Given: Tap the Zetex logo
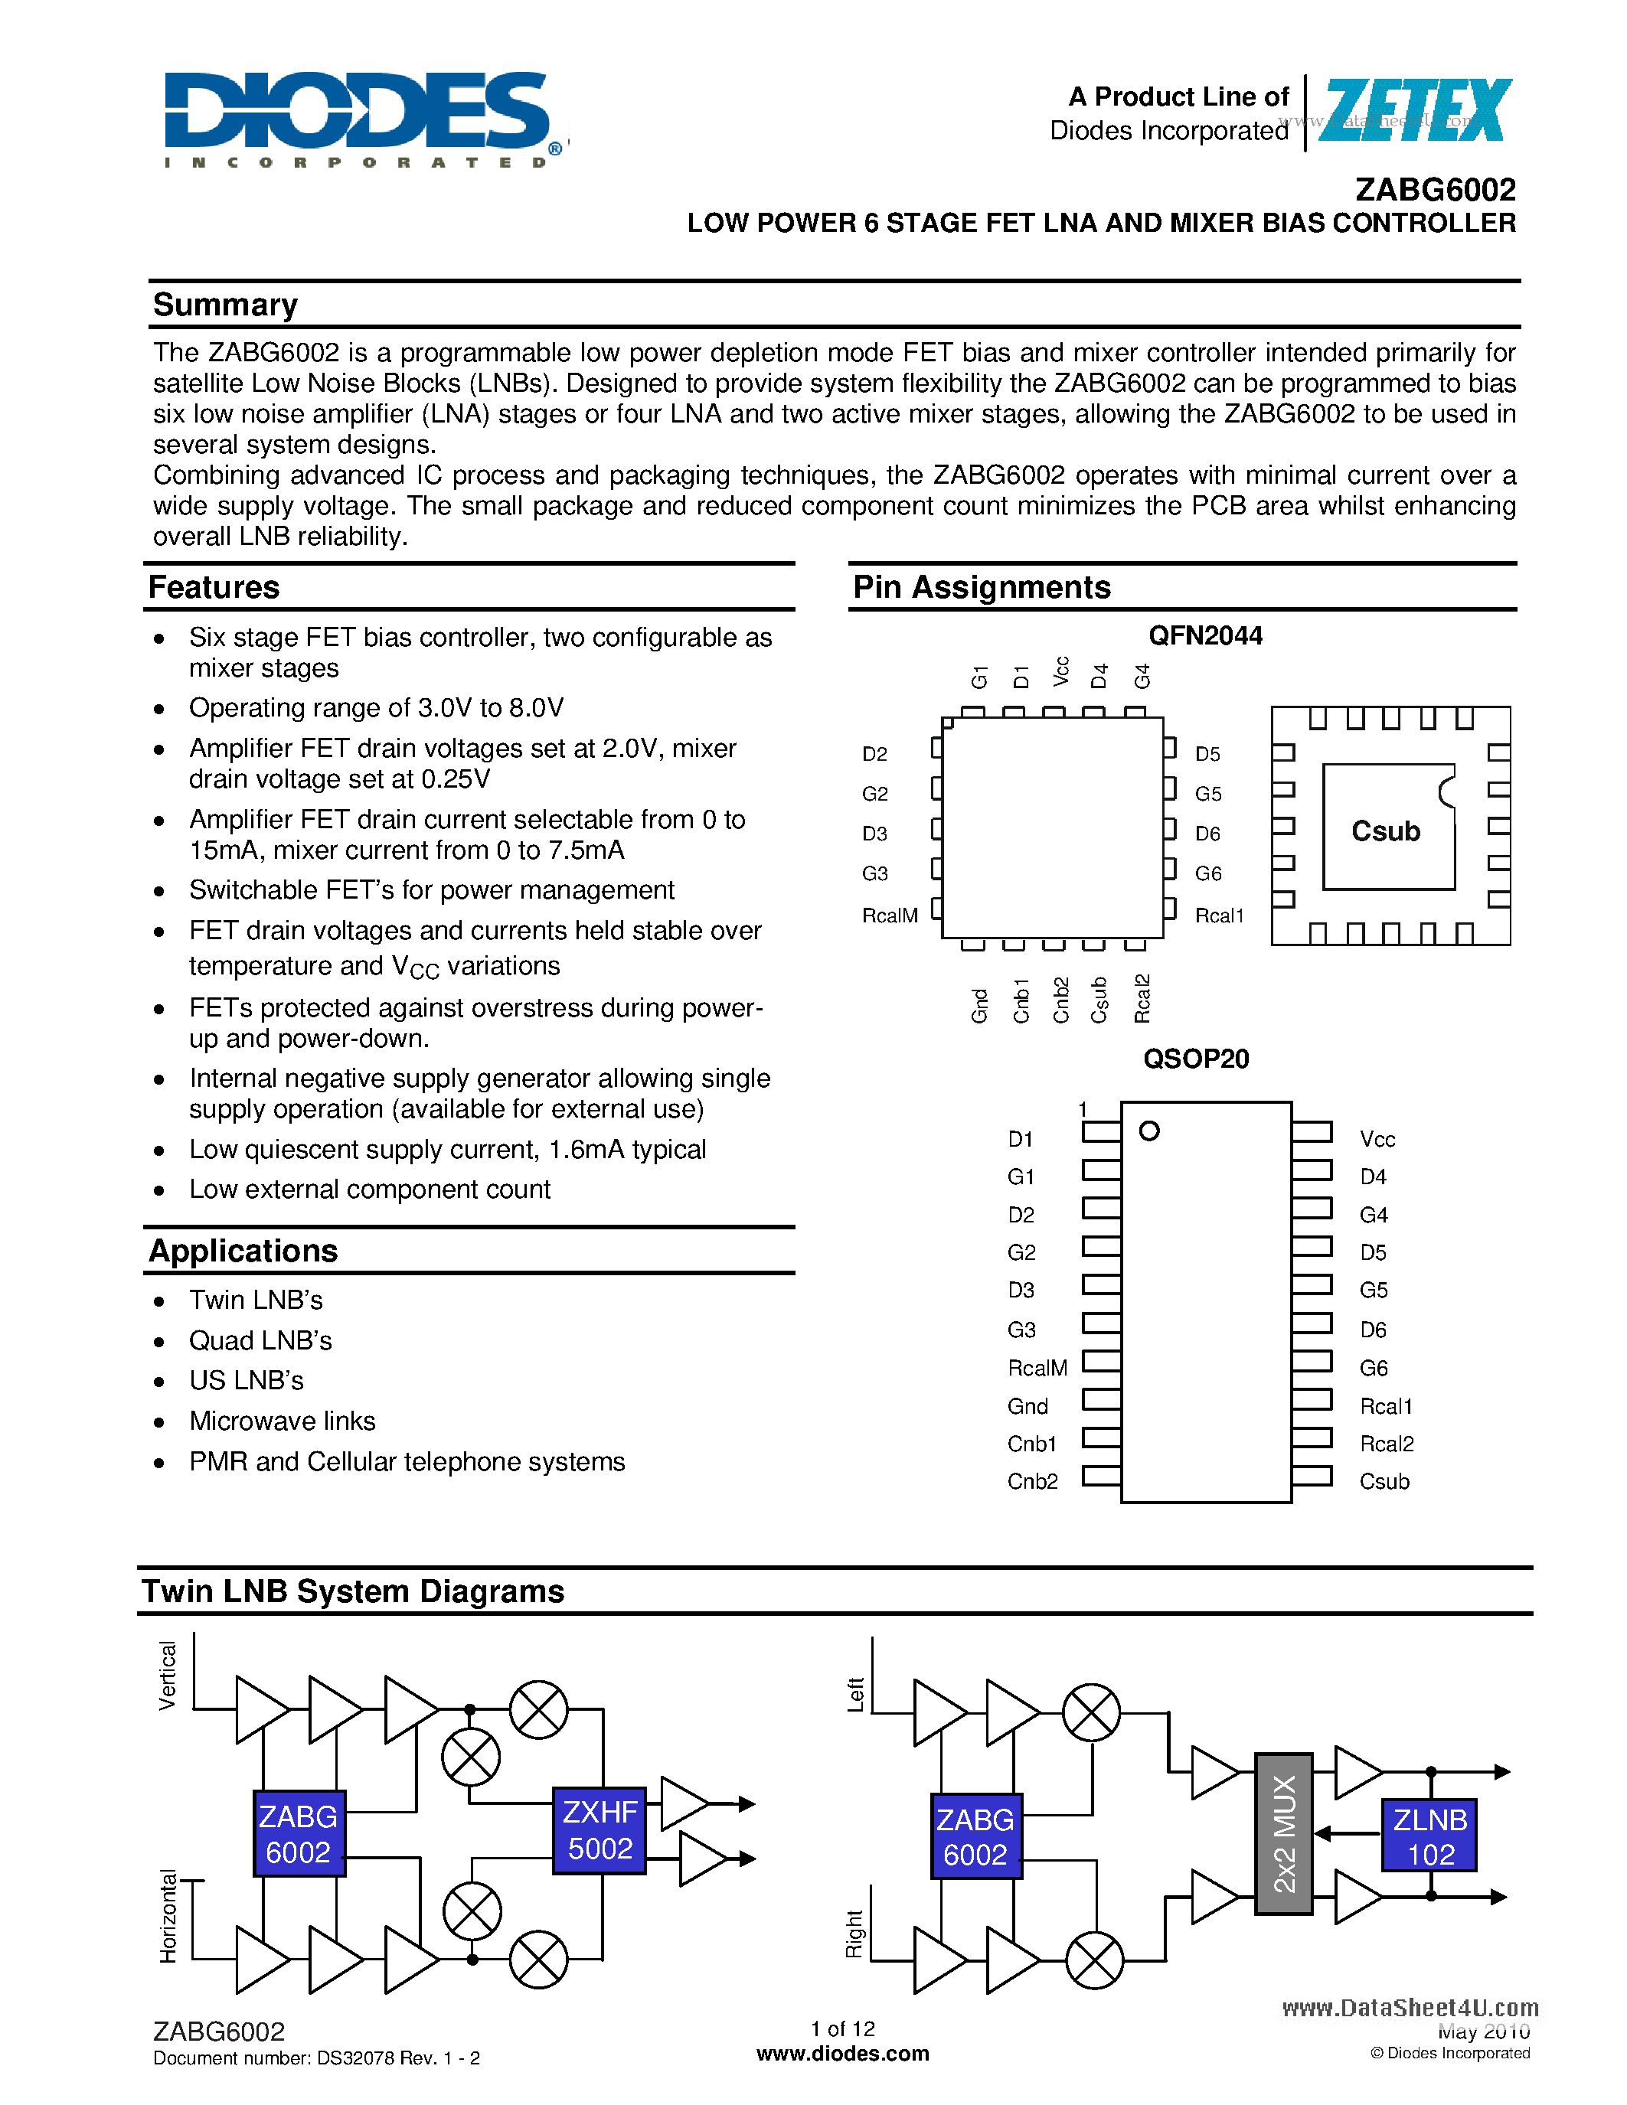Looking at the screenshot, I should click(x=1413, y=112).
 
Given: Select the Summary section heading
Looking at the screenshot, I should click(x=226, y=305).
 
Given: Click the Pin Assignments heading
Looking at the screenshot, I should click(x=982, y=587).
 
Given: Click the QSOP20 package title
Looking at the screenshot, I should click(x=1195, y=1059).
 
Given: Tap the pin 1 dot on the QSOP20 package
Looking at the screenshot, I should click(x=1149, y=1131).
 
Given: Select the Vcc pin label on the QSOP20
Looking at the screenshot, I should click(x=1377, y=1139).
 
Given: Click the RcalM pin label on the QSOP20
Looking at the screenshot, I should click(x=1037, y=1368).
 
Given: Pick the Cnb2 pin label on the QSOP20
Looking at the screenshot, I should click(x=1032, y=1481).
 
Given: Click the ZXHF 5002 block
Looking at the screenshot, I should click(x=600, y=1830).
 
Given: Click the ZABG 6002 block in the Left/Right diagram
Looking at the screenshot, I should click(x=975, y=1836).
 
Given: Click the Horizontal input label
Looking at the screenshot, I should click(x=168, y=1916).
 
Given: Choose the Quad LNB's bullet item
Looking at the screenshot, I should click(x=260, y=1340).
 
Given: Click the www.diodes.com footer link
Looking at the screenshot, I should click(x=842, y=2054).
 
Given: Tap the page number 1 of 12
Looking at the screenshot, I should click(x=842, y=2029).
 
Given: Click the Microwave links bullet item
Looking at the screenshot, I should click(x=283, y=1421).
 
